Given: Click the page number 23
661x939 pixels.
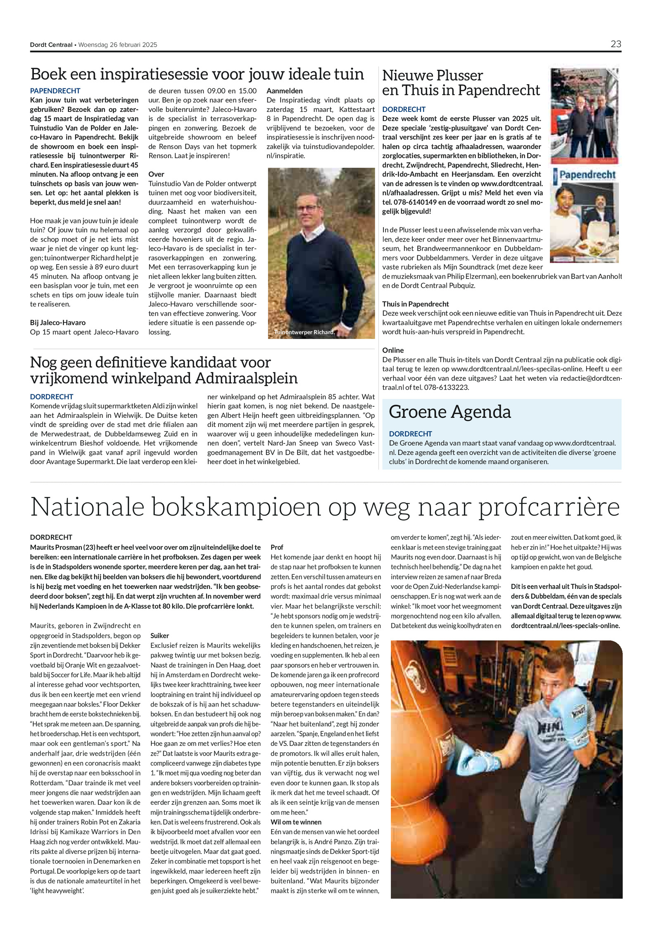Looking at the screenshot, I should pyautogui.click(x=616, y=44).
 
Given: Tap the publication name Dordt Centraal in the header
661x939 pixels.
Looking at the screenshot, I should pyautogui.click(x=51, y=45).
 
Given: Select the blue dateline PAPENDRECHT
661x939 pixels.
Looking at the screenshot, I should pyautogui.click(x=55, y=91).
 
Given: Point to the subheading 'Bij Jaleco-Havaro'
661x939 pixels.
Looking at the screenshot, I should pyautogui.click(x=58, y=322).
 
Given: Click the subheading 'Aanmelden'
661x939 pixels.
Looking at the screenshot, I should pyautogui.click(x=285, y=91).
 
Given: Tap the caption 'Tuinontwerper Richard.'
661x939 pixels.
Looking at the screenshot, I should pyautogui.click(x=304, y=332).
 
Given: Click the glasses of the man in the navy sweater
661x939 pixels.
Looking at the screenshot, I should pyautogui.click(x=308, y=208).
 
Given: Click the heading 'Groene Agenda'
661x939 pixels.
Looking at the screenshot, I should pyautogui.click(x=450, y=412).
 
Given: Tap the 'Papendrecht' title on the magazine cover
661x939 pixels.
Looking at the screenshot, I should pyautogui.click(x=587, y=175).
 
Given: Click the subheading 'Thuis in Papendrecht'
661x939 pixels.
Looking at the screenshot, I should pyautogui.click(x=415, y=304).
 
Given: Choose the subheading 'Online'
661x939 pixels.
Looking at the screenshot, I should pyautogui.click(x=393, y=350).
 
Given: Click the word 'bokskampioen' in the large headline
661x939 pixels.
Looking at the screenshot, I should pyautogui.click(x=236, y=507).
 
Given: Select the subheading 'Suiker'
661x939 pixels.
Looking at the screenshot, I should pyautogui.click(x=160, y=635).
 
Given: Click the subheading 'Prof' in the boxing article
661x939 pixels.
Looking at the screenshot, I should pyautogui.click(x=277, y=547).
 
